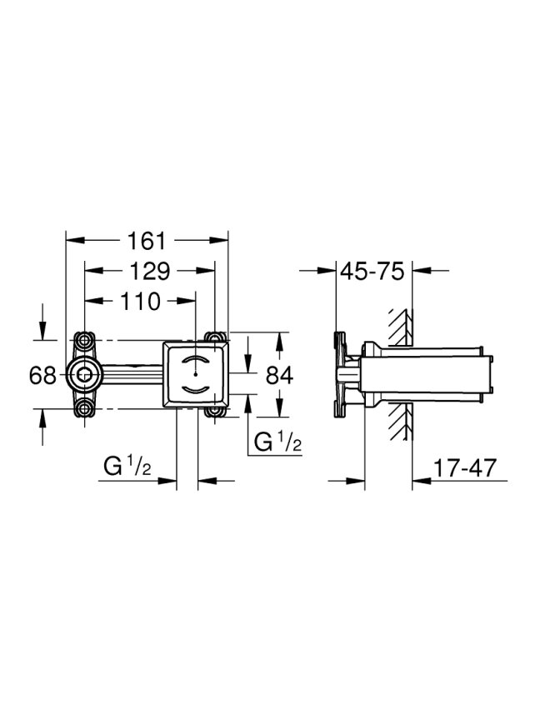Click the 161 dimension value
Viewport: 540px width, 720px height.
tap(146, 241)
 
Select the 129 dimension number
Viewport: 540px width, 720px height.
tap(150, 272)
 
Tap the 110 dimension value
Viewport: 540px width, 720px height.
tap(141, 302)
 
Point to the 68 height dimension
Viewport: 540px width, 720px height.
tap(42, 375)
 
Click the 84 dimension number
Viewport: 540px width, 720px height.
tap(280, 375)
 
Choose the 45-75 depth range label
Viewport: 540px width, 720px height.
tap(372, 271)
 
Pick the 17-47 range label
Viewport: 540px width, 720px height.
tap(465, 467)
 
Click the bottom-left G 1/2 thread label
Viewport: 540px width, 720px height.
tap(127, 467)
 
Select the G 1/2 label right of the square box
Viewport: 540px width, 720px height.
tap(277, 442)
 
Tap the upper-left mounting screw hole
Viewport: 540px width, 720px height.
tap(84, 341)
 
